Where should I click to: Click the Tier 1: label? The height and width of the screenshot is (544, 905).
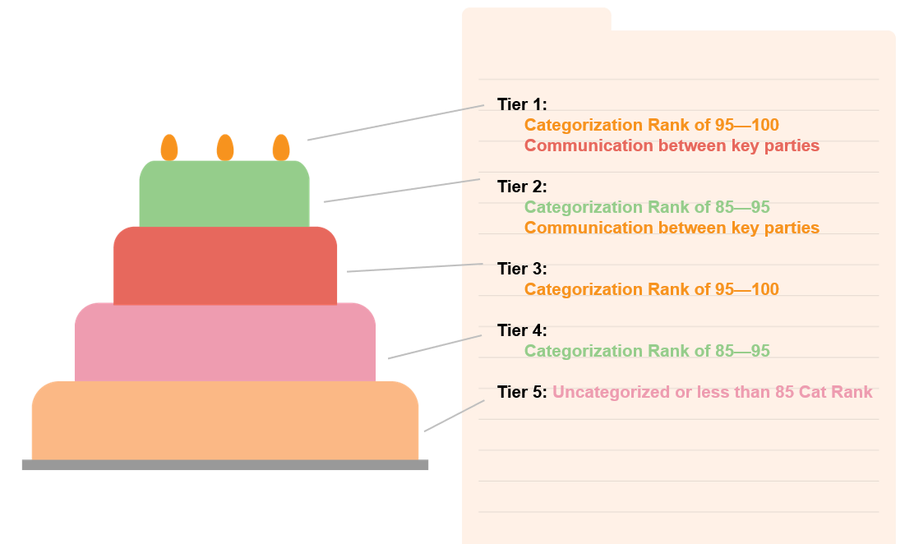point(522,104)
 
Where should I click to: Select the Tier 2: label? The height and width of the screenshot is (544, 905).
point(522,187)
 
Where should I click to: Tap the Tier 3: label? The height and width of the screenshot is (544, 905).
point(522,269)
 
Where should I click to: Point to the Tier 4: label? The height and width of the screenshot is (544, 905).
point(522,330)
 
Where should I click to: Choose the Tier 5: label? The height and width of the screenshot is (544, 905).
point(522,392)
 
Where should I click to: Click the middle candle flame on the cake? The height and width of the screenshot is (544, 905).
point(225,148)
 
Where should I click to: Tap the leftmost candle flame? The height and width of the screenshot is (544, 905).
point(169,148)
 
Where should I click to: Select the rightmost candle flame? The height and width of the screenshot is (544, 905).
point(281,148)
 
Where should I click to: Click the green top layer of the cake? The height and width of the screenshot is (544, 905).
point(224,193)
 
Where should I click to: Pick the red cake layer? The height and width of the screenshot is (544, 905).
point(225,265)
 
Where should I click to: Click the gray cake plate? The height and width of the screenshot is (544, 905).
point(225,465)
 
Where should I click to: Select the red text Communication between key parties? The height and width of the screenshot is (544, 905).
point(672,145)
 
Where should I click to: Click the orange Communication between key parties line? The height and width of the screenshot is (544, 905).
point(672,228)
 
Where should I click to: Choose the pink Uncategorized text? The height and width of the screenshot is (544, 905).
point(712,392)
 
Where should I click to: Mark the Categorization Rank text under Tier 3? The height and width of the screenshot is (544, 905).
point(651,289)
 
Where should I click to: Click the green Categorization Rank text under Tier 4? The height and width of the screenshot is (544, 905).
point(647,351)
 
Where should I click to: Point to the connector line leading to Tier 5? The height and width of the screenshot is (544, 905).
point(454,416)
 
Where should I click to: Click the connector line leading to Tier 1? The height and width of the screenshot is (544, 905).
point(395,122)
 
